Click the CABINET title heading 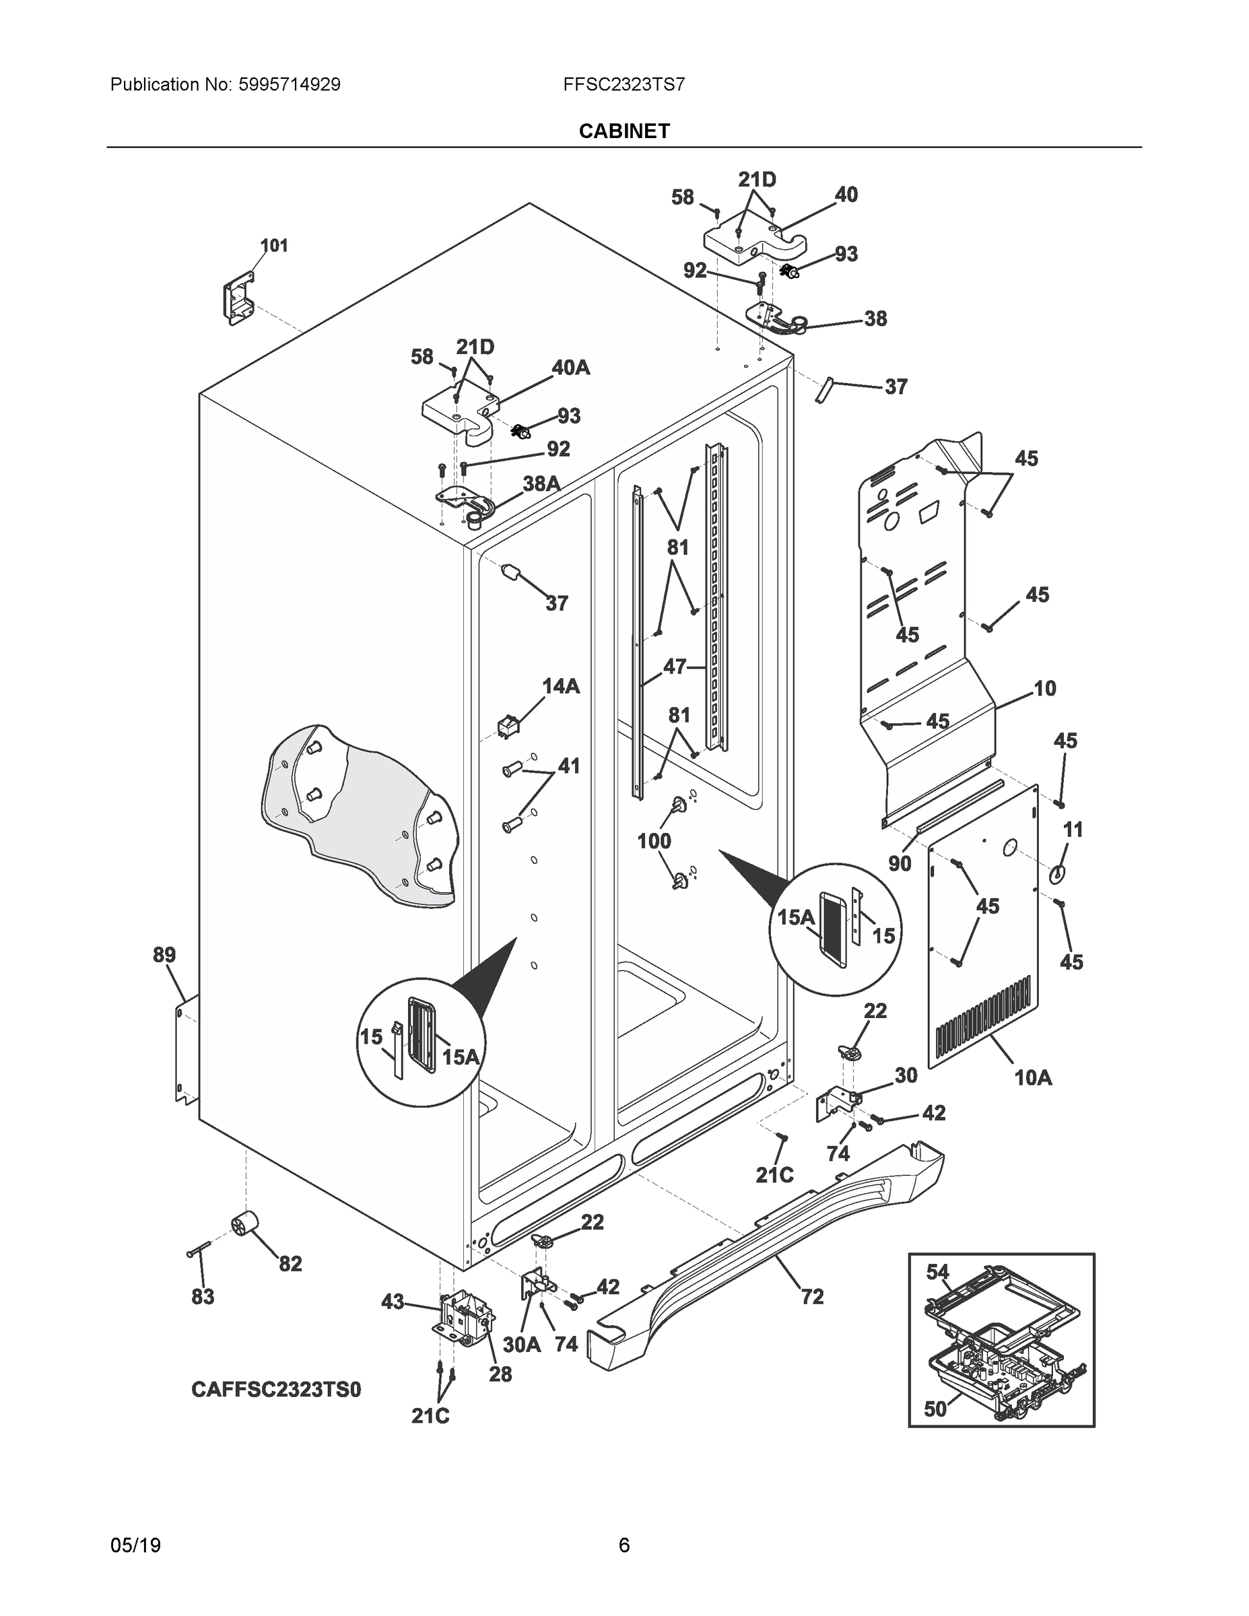[x=623, y=131]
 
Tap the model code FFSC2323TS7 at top [x=623, y=84]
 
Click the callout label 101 [x=274, y=246]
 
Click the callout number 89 [x=164, y=955]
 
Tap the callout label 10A [x=1032, y=1078]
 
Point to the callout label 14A [x=561, y=687]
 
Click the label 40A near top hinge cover [x=570, y=367]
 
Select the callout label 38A [x=541, y=484]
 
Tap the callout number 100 [x=654, y=841]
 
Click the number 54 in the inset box [x=937, y=1272]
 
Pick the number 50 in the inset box [x=935, y=1409]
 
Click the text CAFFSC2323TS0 [x=276, y=1390]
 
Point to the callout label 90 [x=899, y=863]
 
